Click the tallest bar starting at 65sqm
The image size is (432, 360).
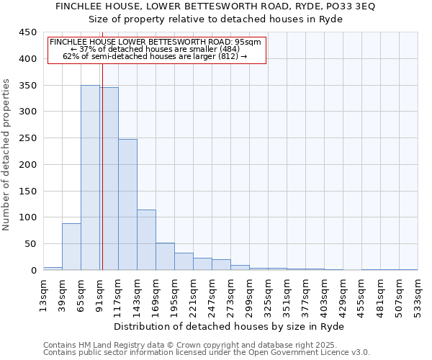tap(90, 178)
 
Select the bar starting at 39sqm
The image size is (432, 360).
tap(71, 246)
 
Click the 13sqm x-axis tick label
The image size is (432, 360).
tap(43, 296)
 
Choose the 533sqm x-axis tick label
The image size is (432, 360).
tap(418, 296)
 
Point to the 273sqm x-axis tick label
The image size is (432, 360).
tap(230, 296)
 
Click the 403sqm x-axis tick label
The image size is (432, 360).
tap(324, 296)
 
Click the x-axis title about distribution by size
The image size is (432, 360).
tap(230, 326)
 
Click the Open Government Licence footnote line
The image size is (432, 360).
tap(207, 353)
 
